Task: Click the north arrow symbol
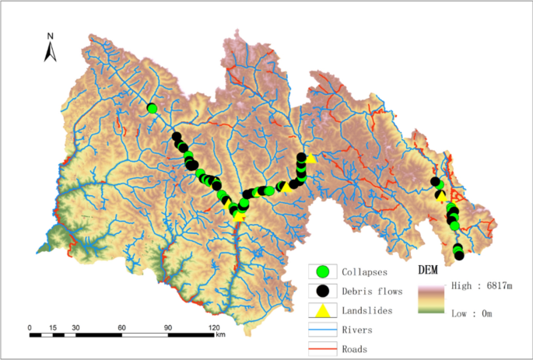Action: pos(50,52)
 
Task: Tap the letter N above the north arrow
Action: pos(50,36)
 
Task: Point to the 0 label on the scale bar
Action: pos(30,327)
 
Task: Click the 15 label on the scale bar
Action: pos(52,327)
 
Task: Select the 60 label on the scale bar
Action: pos(121,327)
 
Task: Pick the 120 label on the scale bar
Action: pos(212,327)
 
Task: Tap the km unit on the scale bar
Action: pos(221,335)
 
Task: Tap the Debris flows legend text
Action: pos(371,292)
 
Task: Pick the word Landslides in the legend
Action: pos(367,310)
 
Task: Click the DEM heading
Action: pos(429,271)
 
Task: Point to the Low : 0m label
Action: pos(473,313)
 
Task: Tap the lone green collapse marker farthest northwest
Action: pos(153,109)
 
